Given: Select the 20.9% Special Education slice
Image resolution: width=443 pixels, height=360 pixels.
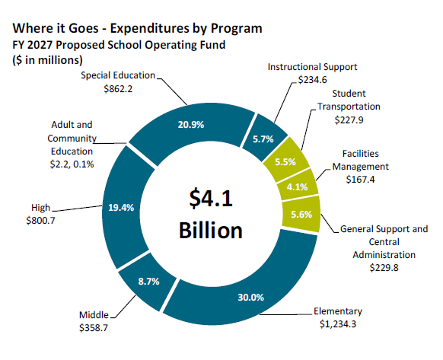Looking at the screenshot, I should click(190, 126).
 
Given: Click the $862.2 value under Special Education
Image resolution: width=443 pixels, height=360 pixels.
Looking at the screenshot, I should click(118, 88).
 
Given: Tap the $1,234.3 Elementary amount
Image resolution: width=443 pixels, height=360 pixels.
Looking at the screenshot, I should click(339, 325).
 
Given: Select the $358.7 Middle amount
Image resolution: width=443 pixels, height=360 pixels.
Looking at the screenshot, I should click(95, 328).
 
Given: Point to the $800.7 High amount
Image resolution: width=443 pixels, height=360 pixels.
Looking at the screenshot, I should click(35, 221).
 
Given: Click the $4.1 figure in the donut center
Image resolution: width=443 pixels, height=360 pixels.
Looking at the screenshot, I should click(210, 199).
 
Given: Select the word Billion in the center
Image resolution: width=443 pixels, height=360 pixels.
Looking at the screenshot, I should click(210, 231).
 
